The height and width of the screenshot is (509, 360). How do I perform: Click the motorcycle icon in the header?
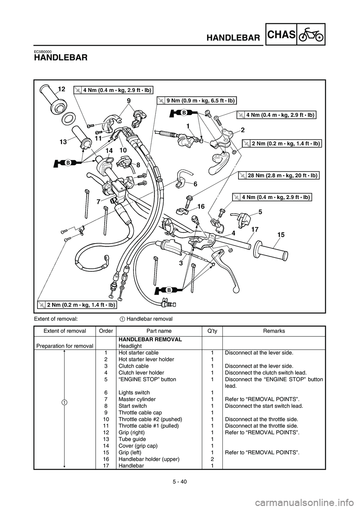[310, 34]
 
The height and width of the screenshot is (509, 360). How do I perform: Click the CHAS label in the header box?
[282, 34]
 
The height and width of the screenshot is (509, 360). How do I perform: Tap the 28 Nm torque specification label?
[279, 175]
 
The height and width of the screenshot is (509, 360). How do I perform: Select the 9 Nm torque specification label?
[197, 100]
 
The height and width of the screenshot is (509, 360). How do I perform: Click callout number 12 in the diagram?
[61, 89]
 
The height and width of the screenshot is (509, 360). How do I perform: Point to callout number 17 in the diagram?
[255, 229]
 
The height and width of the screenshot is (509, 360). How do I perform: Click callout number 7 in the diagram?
[98, 202]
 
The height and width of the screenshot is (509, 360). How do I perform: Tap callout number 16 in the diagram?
[201, 206]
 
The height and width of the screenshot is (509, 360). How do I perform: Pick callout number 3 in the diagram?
[181, 263]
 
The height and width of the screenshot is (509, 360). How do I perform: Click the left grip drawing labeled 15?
[270, 252]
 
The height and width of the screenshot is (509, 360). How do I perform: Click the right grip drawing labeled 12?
[53, 99]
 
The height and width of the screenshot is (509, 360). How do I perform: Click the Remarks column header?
[274, 331]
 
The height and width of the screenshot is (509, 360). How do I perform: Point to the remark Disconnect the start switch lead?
[264, 406]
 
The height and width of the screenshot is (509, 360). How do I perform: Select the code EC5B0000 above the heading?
[43, 52]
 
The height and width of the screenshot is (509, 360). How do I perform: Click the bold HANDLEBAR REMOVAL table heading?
[150, 339]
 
